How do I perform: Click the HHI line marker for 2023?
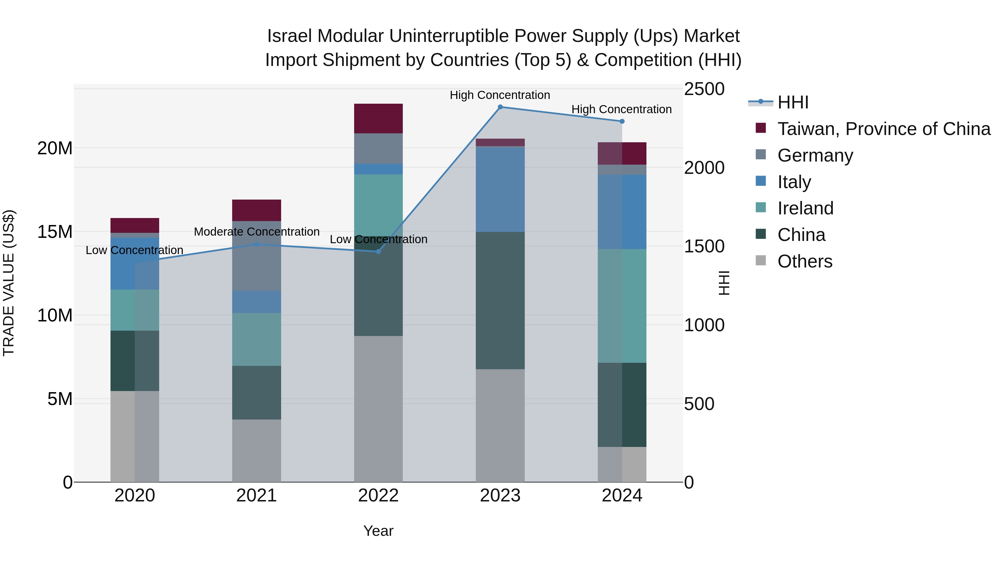click(x=500, y=107)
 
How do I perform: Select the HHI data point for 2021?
click(x=257, y=244)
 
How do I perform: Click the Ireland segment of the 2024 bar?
click(x=622, y=306)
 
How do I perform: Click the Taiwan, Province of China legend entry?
click(x=883, y=129)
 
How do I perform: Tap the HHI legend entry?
click(x=792, y=102)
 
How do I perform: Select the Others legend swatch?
click(x=761, y=260)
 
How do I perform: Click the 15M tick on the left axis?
click(x=55, y=232)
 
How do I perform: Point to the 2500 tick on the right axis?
click(x=704, y=89)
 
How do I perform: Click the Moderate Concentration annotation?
click(x=257, y=232)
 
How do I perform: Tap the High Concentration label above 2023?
click(x=500, y=95)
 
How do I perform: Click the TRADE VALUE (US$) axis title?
click(x=9, y=283)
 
